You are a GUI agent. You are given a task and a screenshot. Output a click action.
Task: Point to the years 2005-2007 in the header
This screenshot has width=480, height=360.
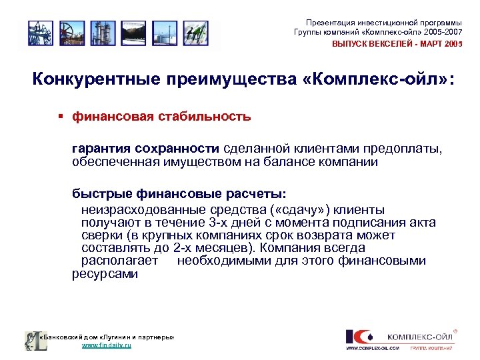tap(441, 33)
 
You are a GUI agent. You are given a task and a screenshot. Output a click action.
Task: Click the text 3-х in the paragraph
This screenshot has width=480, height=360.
tap(214, 222)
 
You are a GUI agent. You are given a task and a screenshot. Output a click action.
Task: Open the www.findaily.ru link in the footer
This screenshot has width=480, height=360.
tap(106, 346)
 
